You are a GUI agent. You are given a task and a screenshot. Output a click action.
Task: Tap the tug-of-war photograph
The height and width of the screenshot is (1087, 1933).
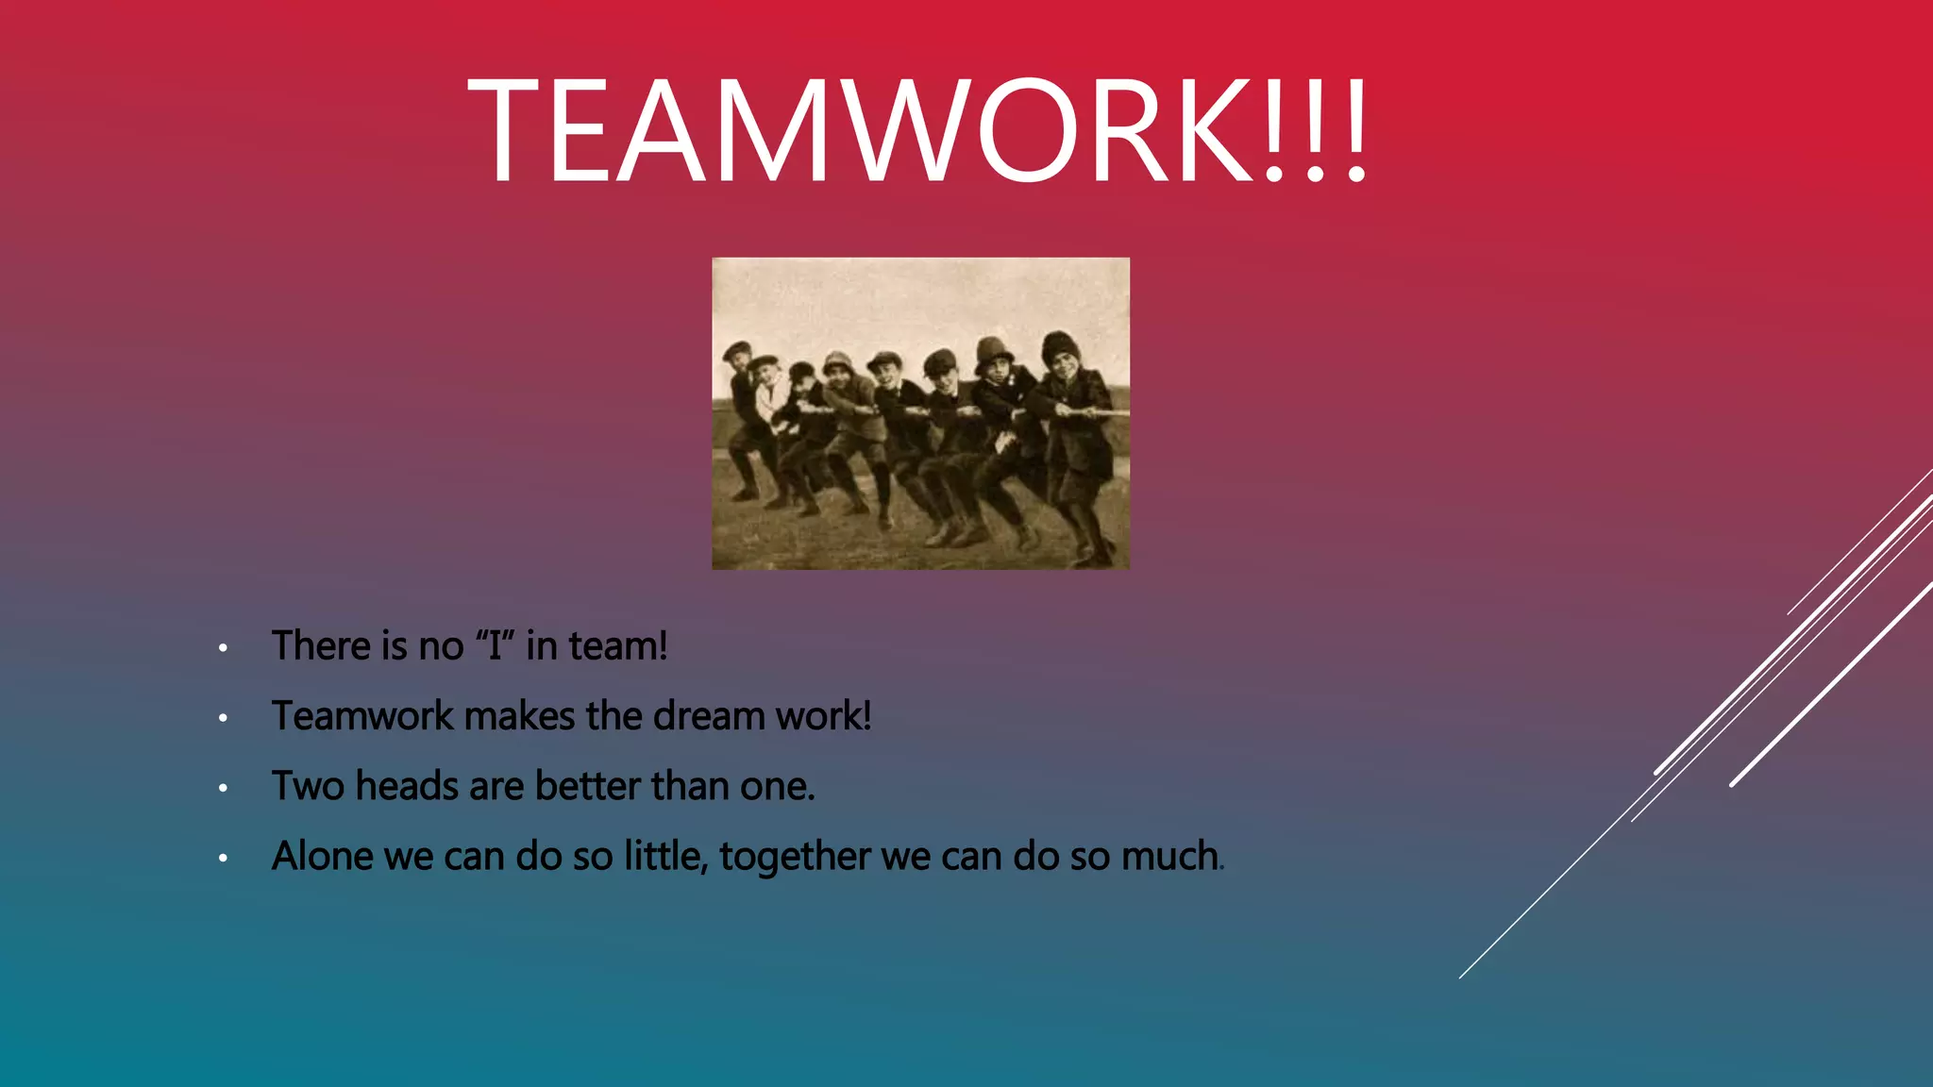[x=920, y=413]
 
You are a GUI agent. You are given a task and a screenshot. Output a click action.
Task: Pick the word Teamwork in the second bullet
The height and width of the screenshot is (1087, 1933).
[x=362, y=716]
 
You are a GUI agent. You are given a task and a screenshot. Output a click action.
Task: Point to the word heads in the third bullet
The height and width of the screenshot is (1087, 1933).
[x=407, y=786]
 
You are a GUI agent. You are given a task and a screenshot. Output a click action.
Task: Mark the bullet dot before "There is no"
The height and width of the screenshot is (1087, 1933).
[x=223, y=648]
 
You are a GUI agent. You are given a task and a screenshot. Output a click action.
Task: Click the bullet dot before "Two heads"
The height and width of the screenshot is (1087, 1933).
[x=223, y=788]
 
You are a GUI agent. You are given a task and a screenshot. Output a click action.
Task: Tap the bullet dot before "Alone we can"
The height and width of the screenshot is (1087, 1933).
[x=223, y=858]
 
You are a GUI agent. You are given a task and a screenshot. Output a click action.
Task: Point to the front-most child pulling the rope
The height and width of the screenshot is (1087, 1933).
[x=1076, y=443]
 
